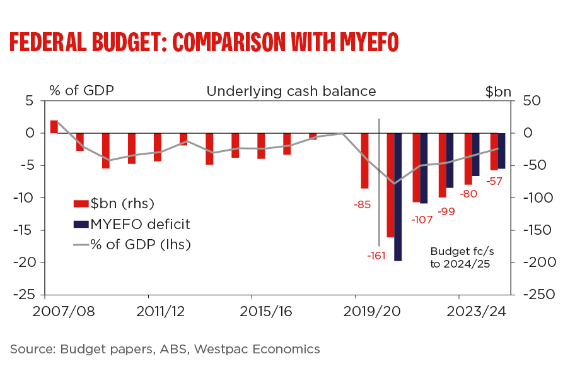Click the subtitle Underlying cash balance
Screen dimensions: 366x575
[x=291, y=91]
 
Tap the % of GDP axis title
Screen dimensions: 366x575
[x=81, y=90]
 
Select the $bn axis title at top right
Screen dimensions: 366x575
[x=498, y=91]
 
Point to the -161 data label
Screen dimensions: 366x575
[x=376, y=256]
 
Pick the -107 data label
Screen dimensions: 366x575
[x=421, y=220]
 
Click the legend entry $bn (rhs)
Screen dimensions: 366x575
[x=122, y=203]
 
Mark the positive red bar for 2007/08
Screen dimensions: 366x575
[x=54, y=127]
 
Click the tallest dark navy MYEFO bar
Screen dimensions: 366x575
[x=398, y=197]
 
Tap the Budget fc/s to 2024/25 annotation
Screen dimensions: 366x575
[x=460, y=257]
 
